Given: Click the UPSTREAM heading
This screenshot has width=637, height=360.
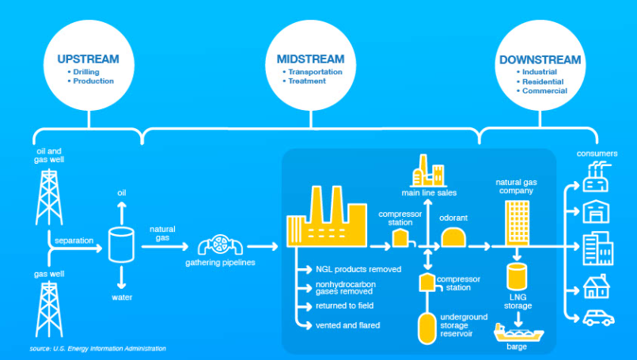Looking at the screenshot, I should [x=88, y=59].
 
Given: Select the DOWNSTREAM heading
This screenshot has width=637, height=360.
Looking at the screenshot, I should [x=540, y=59].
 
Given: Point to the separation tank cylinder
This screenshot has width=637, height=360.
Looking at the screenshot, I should [x=121, y=245].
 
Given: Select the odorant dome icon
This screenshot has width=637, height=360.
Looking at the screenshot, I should [x=455, y=237].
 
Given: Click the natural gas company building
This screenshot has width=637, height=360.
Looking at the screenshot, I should [x=517, y=222].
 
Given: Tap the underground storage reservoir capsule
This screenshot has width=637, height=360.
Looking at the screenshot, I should [x=427, y=327].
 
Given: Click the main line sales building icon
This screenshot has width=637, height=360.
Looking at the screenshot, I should [x=427, y=170].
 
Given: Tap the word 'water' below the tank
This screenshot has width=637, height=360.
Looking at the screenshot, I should [x=121, y=298].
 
